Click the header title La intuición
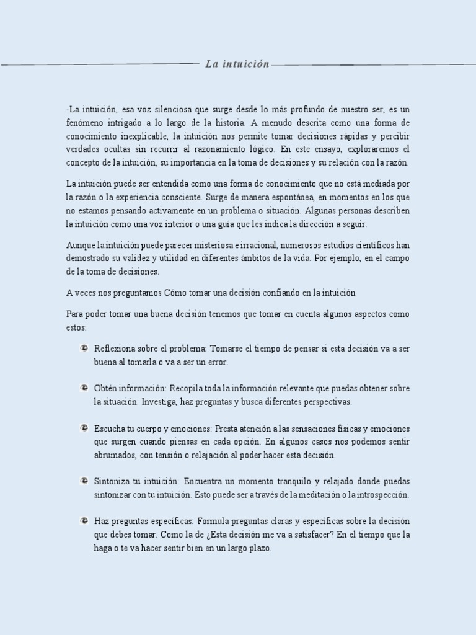coord(238,64)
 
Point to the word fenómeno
coord(86,123)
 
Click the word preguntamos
coord(131,292)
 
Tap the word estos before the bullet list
coord(76,327)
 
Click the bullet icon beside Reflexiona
coord(83,348)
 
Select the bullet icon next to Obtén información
coord(83,388)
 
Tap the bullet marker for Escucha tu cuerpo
coord(83,428)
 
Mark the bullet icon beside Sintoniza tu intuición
coord(83,481)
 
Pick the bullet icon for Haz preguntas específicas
coord(83,520)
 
